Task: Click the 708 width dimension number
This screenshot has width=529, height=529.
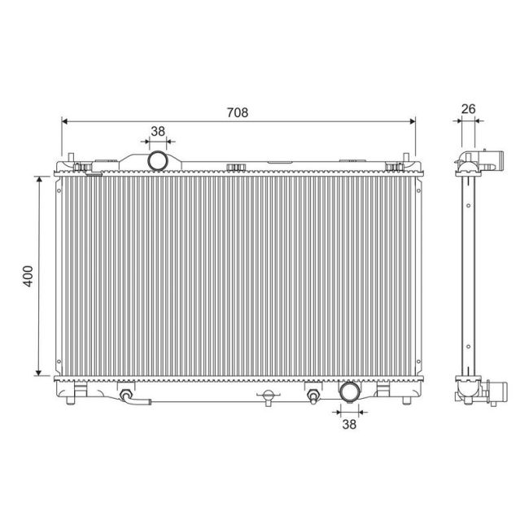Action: (238, 113)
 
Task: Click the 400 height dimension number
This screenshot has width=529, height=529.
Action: (28, 275)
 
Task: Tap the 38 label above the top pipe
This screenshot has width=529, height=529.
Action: (158, 130)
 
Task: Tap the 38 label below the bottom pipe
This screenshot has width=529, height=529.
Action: (348, 424)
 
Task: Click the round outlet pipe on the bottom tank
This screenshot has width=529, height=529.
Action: (349, 392)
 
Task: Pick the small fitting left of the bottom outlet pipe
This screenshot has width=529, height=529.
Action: (313, 397)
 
